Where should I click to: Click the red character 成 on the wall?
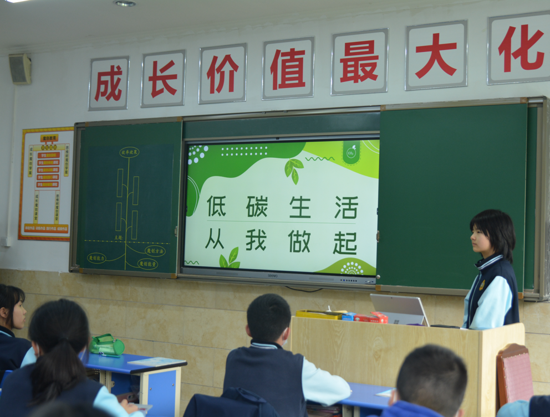tap(109, 83)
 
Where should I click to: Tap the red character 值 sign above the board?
tap(288, 69)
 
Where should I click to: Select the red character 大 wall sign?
tap(436, 55)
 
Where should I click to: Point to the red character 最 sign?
tap(359, 62)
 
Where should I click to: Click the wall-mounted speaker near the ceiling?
tap(21, 69)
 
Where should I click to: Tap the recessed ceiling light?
tap(125, 3)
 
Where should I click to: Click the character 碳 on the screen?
tap(257, 207)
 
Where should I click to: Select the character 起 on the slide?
tap(345, 243)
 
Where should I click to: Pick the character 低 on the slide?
tap(216, 206)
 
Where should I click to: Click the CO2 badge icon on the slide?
tap(351, 152)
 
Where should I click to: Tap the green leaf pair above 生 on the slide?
tap(293, 169)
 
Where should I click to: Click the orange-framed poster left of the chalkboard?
tap(47, 184)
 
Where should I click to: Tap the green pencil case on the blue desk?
tap(107, 345)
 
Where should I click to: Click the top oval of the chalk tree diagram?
tap(129, 152)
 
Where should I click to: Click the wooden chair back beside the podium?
tap(515, 373)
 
